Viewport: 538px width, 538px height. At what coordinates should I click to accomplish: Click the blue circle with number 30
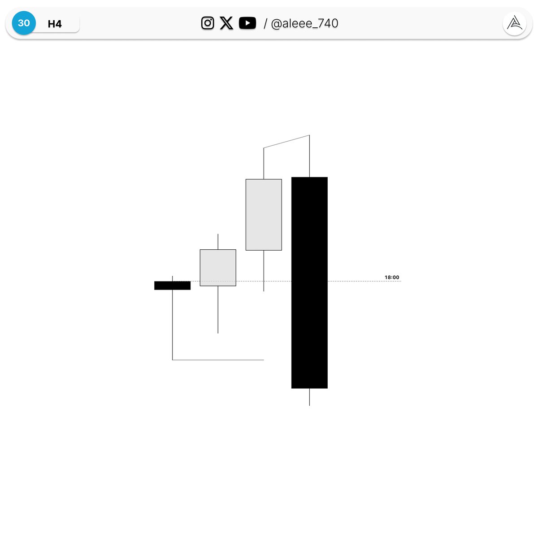pos(24,23)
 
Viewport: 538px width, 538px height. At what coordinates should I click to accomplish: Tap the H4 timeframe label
pos(55,24)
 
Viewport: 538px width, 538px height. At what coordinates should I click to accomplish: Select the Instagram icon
pos(208,23)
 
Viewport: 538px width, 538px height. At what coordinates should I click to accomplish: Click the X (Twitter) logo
pos(226,23)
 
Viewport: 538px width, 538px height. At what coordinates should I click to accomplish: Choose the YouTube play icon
pos(247,23)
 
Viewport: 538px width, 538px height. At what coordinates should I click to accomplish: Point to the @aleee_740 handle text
pos(304,23)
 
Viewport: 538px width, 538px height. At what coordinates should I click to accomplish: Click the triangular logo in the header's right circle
pos(514,23)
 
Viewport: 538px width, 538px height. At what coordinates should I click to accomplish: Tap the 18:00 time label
pos(392,277)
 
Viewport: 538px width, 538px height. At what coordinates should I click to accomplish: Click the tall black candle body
pos(309,282)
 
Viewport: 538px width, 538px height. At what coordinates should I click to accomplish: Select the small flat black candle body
pos(172,285)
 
